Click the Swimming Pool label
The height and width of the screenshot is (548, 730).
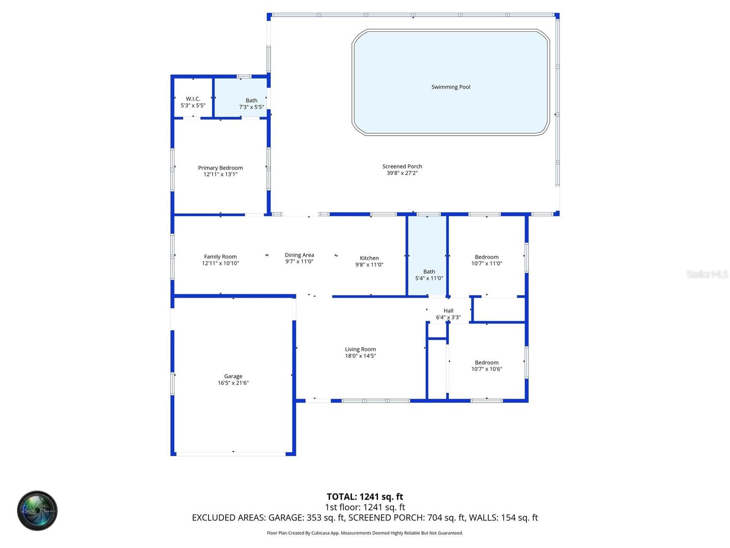point(451,87)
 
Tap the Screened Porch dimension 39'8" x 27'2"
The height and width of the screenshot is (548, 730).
point(402,173)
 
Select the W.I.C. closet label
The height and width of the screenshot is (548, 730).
point(193,99)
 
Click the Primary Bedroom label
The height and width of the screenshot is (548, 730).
point(220,168)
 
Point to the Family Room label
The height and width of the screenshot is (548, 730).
point(220,257)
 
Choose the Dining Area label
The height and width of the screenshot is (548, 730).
point(299,255)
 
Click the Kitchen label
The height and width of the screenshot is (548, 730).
point(369,258)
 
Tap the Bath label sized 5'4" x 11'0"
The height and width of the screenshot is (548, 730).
point(429,272)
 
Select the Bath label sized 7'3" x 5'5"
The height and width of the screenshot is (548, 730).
point(251,100)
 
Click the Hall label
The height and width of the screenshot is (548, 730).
point(448,311)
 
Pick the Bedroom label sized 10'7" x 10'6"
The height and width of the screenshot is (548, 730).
point(486,363)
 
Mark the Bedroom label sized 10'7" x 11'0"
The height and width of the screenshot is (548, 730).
point(486,257)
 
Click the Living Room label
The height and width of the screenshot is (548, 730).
point(360,349)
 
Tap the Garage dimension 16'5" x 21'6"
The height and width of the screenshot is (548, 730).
point(233,383)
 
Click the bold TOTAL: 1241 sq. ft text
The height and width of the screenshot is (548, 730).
point(365,496)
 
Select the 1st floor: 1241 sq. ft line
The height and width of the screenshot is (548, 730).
point(365,507)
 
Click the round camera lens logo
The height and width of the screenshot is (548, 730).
point(37,511)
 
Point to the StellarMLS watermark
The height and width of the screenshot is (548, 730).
point(707,274)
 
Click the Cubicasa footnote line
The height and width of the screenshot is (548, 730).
point(365,533)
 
